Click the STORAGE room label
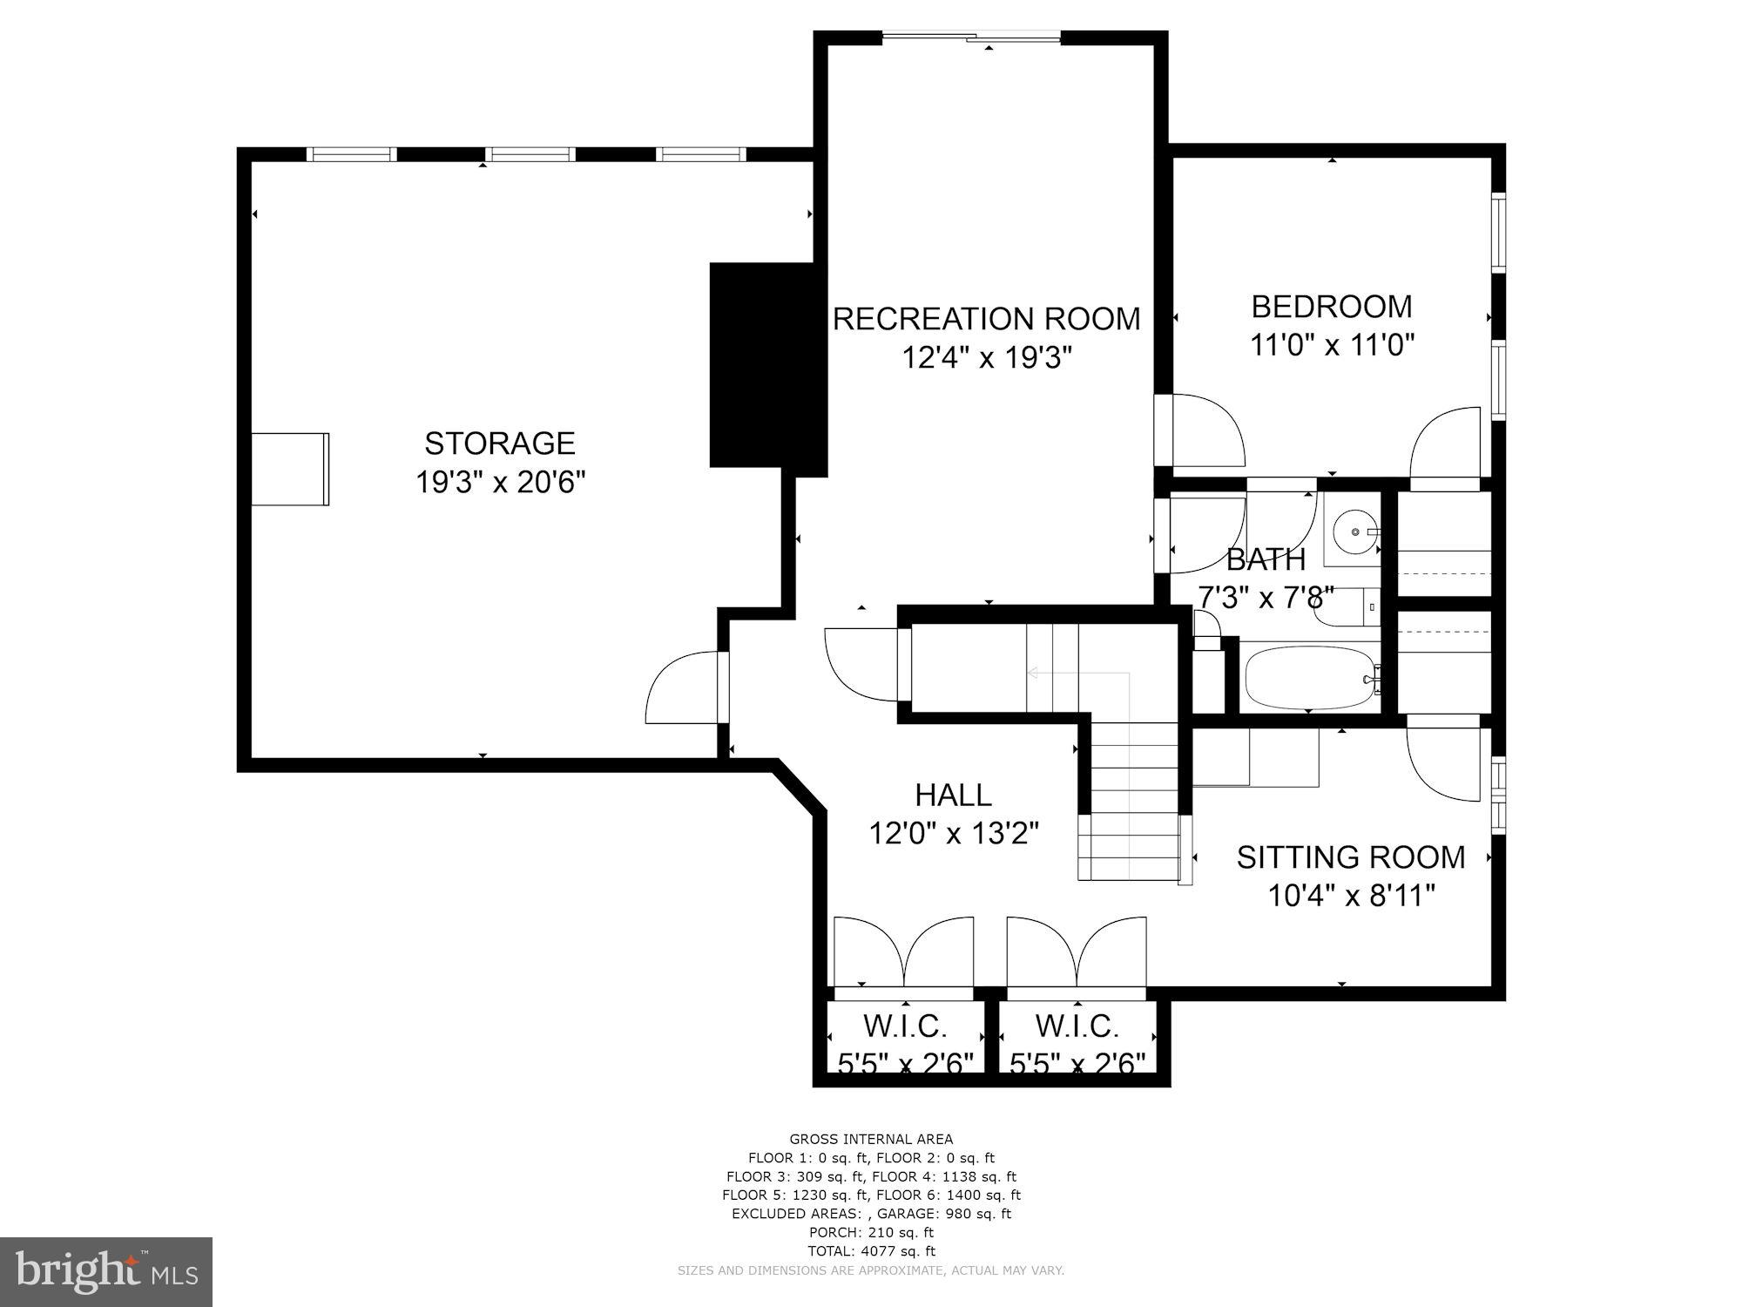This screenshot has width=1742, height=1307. [500, 444]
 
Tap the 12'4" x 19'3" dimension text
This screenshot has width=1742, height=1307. [986, 357]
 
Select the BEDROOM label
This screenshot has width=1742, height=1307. [1332, 307]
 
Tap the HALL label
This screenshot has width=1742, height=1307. [953, 795]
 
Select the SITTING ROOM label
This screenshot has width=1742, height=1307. [1351, 857]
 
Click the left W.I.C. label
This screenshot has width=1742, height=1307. [905, 1026]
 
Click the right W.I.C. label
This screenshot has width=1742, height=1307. [1077, 1026]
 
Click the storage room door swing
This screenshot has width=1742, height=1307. [684, 688]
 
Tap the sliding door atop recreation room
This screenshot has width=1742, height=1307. [972, 37]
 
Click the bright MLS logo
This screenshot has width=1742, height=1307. [106, 1271]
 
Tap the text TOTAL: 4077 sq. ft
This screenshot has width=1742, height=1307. [871, 1251]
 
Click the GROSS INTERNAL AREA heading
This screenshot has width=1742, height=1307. [871, 1139]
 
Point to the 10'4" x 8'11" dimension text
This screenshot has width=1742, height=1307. [1351, 896]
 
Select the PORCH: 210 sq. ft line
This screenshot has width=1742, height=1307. [871, 1232]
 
